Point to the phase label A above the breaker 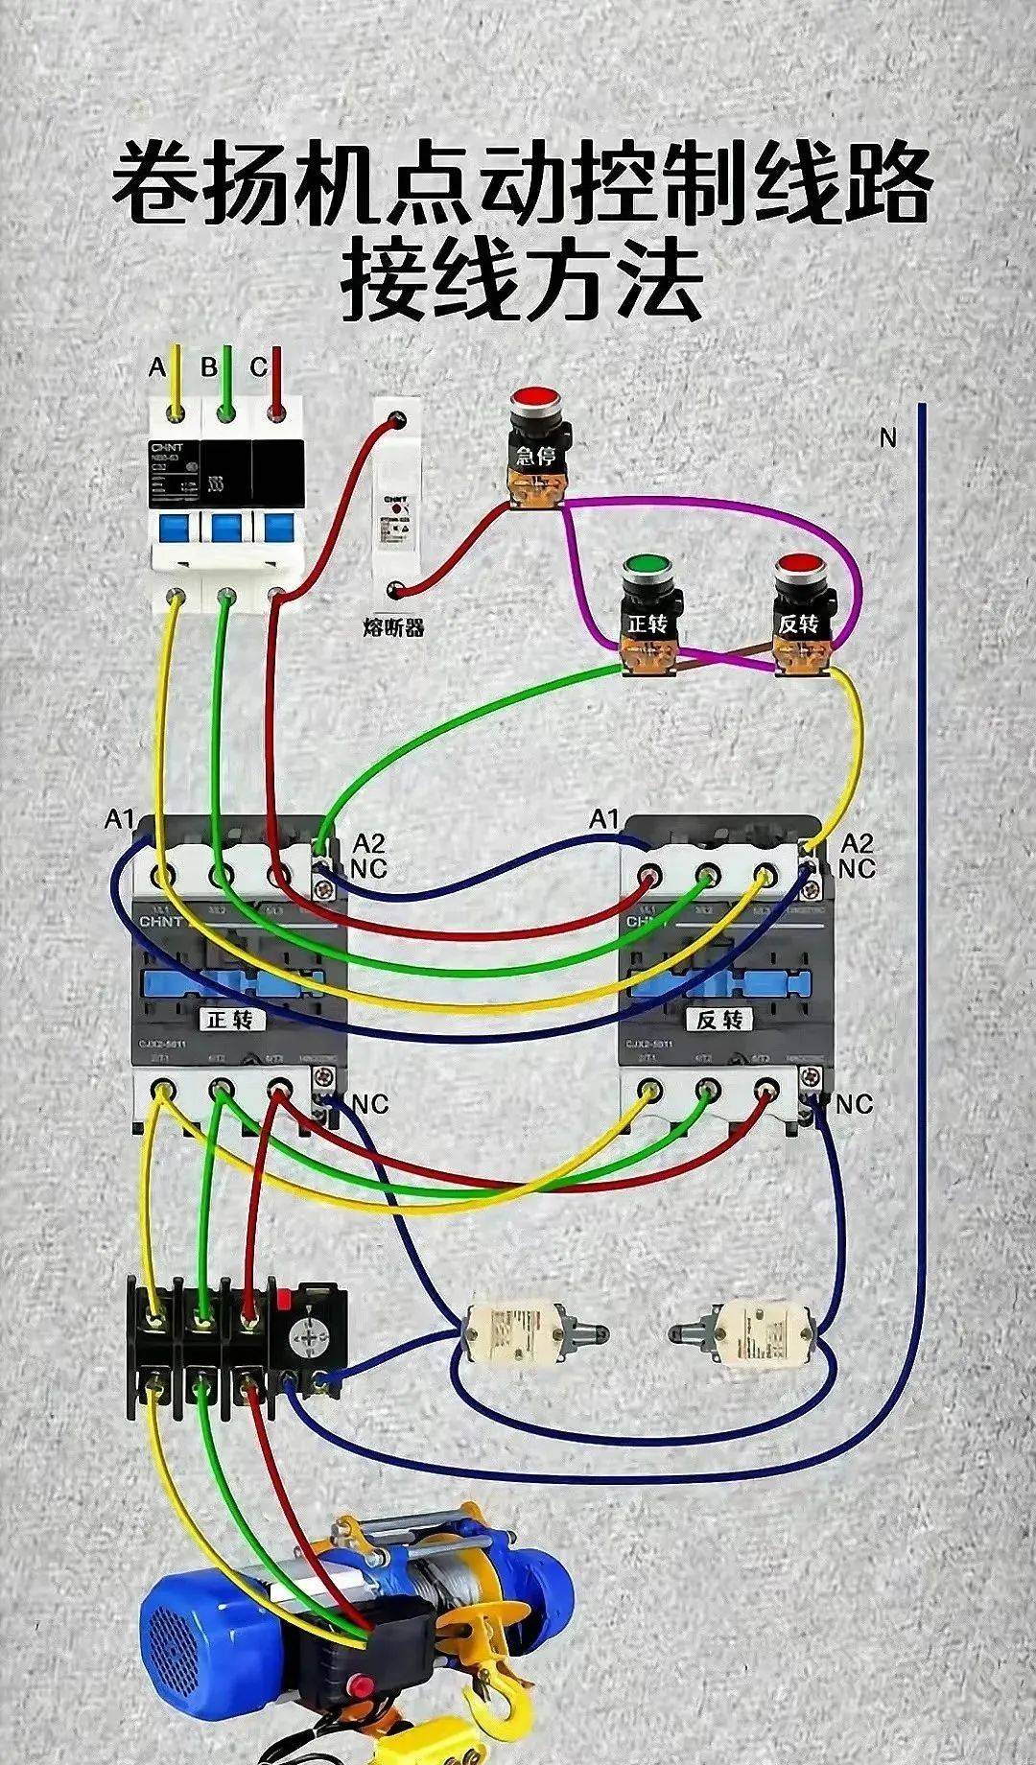click(x=157, y=367)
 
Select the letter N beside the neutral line click(x=887, y=437)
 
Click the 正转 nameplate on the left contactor click(x=230, y=1019)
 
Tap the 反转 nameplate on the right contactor click(x=719, y=1019)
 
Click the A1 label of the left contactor click(x=119, y=819)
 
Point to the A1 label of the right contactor click(x=604, y=819)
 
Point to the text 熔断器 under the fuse click(x=393, y=628)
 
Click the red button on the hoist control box click(x=362, y=1684)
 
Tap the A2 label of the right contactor click(x=856, y=844)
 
